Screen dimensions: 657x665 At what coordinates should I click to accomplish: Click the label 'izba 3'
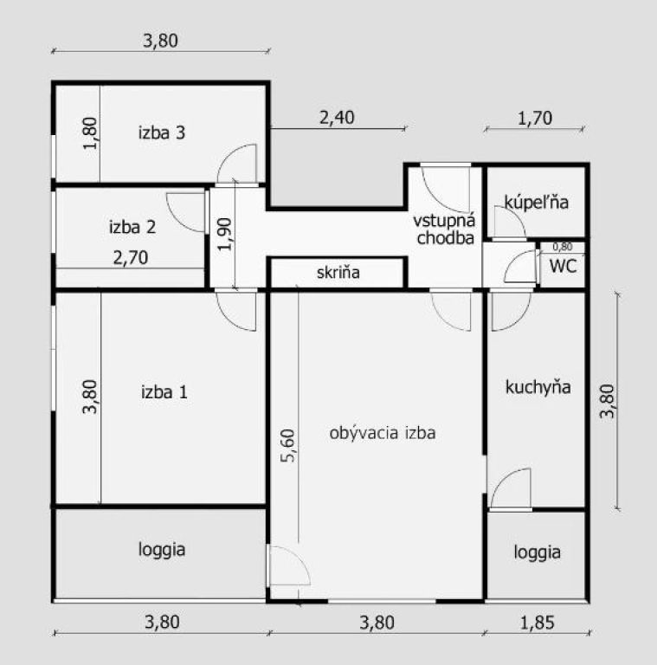click(162, 132)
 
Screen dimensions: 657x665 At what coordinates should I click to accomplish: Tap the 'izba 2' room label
click(132, 227)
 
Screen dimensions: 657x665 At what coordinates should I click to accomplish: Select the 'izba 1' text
click(164, 392)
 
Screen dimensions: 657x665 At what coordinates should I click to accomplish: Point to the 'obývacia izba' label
click(383, 433)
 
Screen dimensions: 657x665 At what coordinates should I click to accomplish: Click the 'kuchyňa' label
click(538, 387)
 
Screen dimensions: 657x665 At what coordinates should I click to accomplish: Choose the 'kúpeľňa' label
click(536, 203)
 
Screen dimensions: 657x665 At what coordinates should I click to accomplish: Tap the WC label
click(563, 267)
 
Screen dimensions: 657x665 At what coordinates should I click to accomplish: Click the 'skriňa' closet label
click(338, 272)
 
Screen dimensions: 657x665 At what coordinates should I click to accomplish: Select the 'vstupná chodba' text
click(445, 229)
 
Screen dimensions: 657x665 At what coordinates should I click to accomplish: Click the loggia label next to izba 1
click(162, 550)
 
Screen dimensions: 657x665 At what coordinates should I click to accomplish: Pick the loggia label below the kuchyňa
click(537, 552)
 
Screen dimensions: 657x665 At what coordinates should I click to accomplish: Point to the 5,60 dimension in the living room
click(288, 445)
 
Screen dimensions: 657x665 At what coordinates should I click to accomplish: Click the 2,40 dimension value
click(337, 118)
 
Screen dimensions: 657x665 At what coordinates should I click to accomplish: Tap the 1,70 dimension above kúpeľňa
click(535, 118)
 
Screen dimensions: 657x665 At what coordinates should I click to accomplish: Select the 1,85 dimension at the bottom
click(537, 623)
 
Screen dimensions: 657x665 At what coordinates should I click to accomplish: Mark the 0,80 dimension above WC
click(563, 247)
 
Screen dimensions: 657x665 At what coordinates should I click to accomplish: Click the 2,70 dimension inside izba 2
click(131, 257)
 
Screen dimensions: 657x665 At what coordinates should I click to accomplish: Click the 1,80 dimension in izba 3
click(90, 133)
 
